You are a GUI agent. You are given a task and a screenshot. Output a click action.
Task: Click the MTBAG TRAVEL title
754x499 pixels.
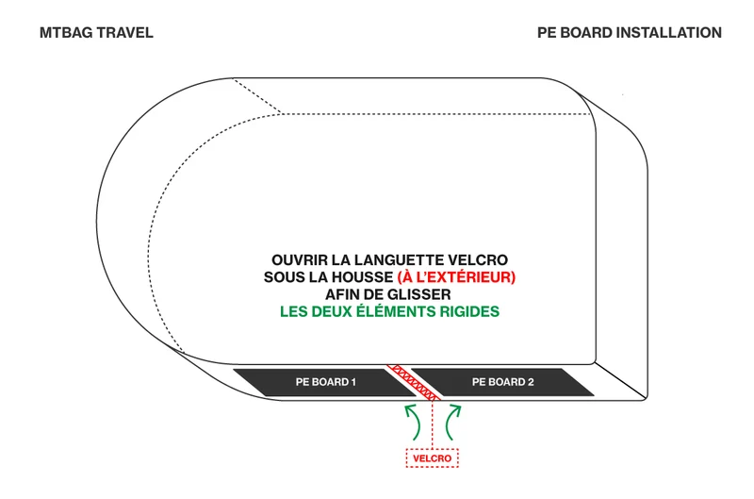[96, 33]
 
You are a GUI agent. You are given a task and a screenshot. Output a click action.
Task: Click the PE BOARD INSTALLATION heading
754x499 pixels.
[630, 33]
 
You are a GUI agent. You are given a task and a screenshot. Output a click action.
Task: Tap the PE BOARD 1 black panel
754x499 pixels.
[324, 382]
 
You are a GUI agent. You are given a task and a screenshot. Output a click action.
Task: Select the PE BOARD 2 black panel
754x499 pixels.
[503, 382]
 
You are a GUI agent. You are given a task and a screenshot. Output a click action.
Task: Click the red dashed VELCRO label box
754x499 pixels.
[433, 458]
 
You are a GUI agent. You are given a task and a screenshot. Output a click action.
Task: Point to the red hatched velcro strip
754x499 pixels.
[414, 382]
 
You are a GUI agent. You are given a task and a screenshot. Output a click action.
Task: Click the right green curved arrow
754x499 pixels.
[452, 422]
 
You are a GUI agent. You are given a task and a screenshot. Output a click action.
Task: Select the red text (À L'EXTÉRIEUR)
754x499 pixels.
[456, 277]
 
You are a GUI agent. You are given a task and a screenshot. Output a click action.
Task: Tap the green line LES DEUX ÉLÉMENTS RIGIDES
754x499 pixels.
[389, 312]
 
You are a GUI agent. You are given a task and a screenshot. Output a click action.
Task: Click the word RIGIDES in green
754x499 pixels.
[469, 312]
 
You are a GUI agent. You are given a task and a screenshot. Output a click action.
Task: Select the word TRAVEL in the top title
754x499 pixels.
[125, 33]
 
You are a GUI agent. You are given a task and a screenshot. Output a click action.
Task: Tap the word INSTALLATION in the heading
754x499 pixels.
[669, 33]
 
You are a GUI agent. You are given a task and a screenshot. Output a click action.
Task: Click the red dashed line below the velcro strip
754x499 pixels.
[433, 424]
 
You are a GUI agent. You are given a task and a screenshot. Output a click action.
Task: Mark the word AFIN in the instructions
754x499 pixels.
[341, 294]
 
